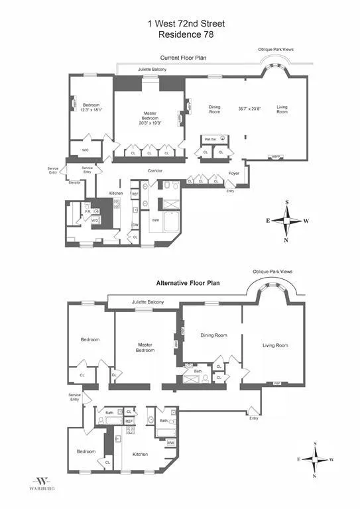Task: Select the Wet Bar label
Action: click(211, 139)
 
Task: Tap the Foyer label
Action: click(234, 175)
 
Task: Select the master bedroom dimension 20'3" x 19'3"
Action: click(150, 123)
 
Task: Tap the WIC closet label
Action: click(86, 150)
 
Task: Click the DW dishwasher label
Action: click(135, 225)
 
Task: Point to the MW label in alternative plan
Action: click(170, 443)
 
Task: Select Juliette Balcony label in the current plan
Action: click(152, 70)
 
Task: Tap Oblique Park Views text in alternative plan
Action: click(272, 272)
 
